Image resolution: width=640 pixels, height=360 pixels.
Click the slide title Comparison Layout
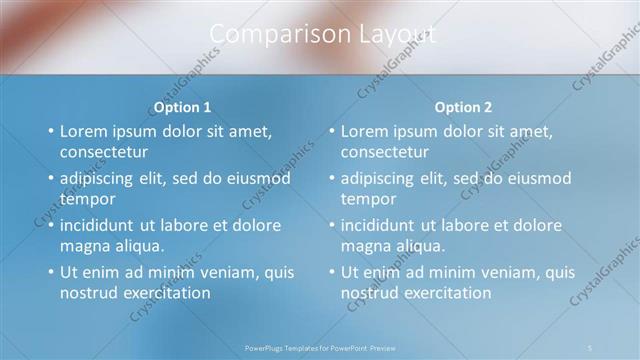click(323, 35)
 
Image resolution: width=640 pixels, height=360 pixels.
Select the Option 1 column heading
click(181, 107)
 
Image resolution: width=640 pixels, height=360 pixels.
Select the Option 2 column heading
click(463, 107)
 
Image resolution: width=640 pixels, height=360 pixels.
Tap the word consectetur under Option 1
click(104, 153)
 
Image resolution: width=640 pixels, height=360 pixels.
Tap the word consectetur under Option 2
click(385, 153)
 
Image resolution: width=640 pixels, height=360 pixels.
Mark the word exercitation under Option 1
click(163, 293)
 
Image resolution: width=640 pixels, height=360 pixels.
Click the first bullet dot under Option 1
click(51, 131)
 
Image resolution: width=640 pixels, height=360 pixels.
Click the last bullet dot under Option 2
click(332, 272)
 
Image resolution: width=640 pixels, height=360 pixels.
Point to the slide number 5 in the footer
click(590, 347)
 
